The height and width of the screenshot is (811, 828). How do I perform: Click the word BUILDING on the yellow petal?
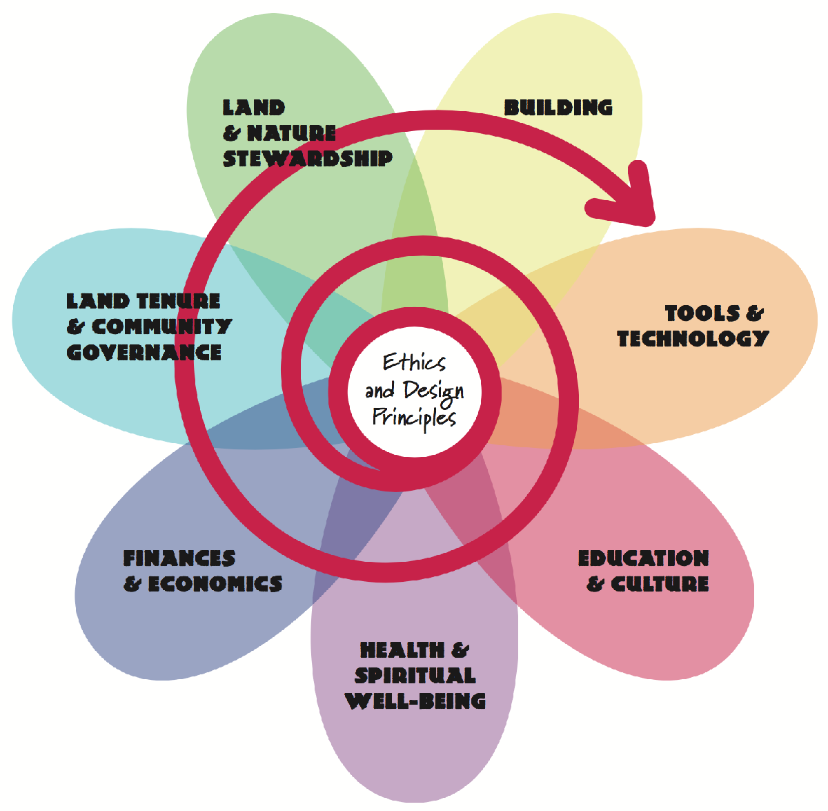[x=558, y=108]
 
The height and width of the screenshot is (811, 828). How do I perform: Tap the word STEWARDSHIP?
[x=308, y=158]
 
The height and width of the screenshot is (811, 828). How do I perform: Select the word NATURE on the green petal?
[x=291, y=133]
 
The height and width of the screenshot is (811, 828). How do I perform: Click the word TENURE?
[x=177, y=301]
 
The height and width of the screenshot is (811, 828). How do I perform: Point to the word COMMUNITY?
[x=161, y=326]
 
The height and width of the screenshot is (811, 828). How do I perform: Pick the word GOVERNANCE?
[x=144, y=352]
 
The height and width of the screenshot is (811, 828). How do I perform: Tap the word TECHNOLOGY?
[x=693, y=338]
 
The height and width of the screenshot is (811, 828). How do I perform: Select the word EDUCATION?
[x=643, y=558]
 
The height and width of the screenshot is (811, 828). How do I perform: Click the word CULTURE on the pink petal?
[x=660, y=584]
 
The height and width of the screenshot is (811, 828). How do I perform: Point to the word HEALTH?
[x=402, y=650]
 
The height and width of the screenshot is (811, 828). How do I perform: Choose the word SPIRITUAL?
[x=415, y=675]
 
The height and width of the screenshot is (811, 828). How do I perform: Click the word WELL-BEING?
[x=415, y=701]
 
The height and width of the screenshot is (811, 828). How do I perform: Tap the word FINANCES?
[x=179, y=558]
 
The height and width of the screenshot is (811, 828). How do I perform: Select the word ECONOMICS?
[x=215, y=584]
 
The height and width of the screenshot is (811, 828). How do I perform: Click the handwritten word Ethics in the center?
[x=414, y=362]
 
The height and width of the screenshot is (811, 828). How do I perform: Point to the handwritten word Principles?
[x=414, y=418]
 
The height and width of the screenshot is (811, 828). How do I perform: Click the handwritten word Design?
[x=433, y=391]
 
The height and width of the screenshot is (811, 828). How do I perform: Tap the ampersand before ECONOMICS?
[x=132, y=584]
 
